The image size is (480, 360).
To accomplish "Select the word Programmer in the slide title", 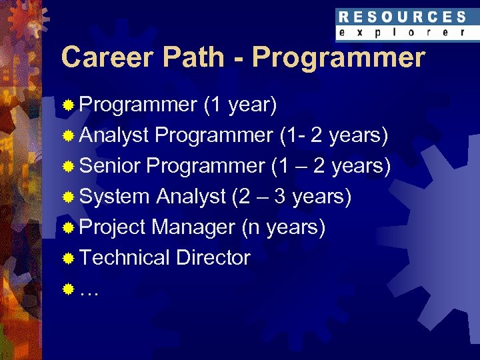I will coord(338,58).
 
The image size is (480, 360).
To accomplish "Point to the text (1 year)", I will coord(241,105).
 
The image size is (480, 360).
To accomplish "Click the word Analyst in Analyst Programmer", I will coord(113,135).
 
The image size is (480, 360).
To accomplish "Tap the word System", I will coord(114,197).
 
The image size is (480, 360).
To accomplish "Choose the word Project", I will coord(112,227).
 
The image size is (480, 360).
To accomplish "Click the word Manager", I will coord(193,227).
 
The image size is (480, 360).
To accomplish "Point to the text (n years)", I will coord(283,227).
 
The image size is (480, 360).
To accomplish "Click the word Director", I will coord(213,258).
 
